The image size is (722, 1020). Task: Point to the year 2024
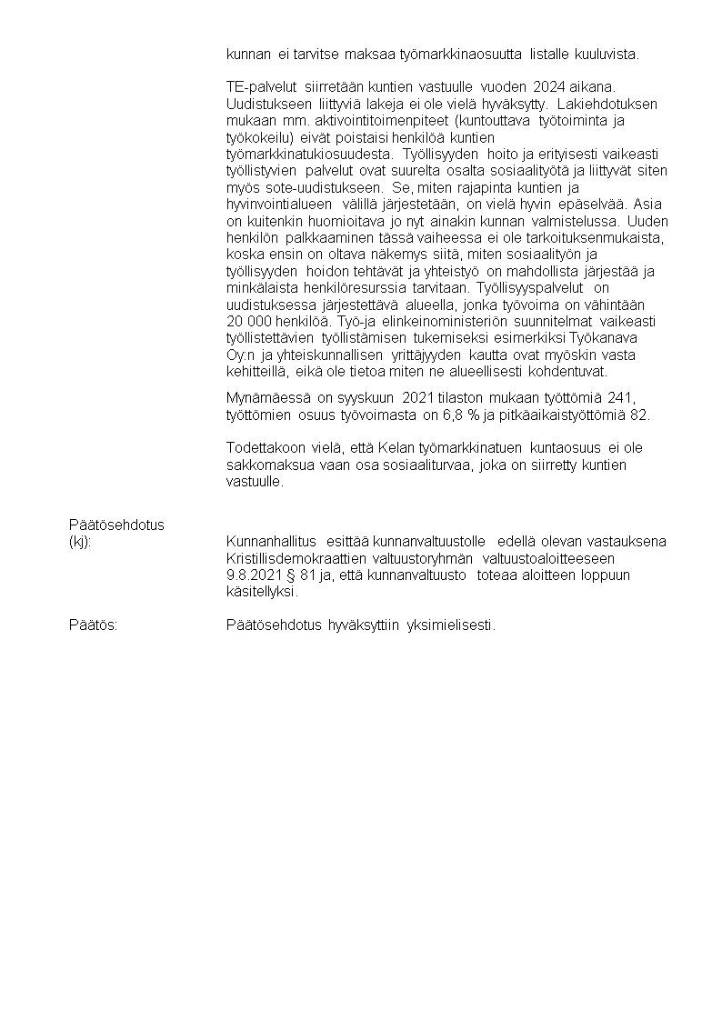(552, 86)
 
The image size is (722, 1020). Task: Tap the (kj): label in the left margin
(81, 541)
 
